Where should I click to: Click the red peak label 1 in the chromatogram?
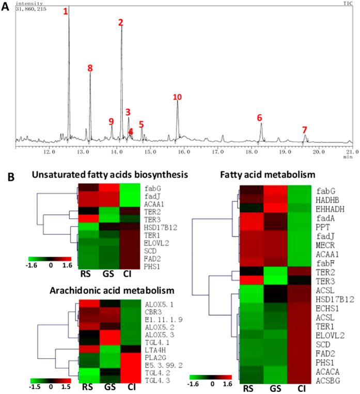(x=66, y=11)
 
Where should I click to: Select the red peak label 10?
(x=177, y=97)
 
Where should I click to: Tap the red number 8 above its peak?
(x=90, y=68)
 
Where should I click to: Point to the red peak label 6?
(x=259, y=118)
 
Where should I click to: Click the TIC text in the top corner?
(x=348, y=4)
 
